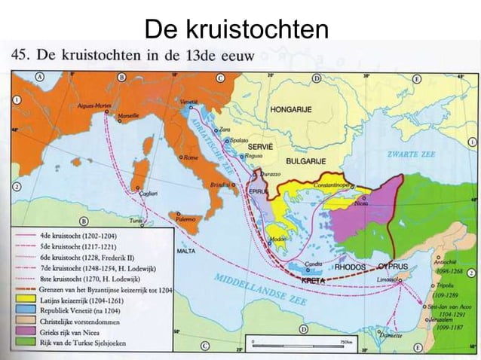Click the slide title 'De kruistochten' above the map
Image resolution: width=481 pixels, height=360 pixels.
pos(236,30)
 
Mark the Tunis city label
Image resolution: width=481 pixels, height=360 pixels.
pos(136,221)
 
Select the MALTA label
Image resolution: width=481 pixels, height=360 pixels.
pos(185,250)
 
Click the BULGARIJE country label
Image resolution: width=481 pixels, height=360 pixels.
pos(305,160)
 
